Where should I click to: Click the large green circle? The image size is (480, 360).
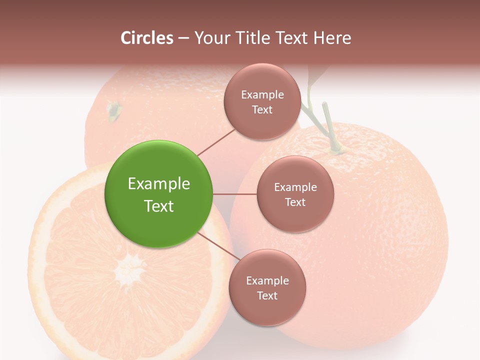point(158,194)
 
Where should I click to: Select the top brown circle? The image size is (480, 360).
point(262,101)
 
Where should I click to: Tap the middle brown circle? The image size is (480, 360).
point(295,194)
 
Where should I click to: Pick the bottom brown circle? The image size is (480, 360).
point(267,288)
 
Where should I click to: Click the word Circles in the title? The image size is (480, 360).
point(147,38)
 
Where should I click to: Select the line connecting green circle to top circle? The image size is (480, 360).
point(216,141)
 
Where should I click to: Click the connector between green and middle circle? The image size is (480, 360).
point(235,194)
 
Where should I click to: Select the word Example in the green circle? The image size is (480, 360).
point(158,184)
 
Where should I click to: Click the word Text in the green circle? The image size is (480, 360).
point(158,206)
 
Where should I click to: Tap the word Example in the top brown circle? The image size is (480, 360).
point(262,94)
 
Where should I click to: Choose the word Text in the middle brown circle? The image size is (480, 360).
point(295,202)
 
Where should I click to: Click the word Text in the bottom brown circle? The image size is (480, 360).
point(267,295)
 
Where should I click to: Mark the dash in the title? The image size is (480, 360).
point(183,38)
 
